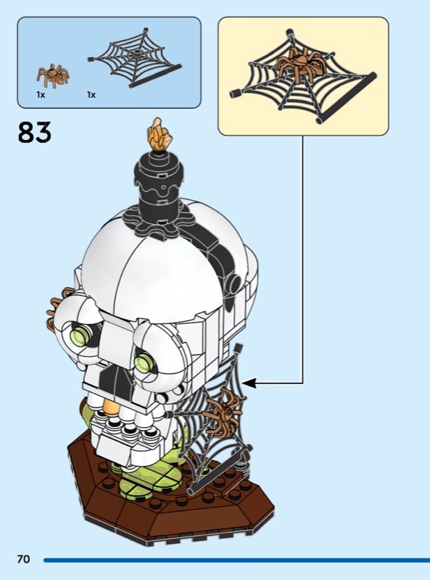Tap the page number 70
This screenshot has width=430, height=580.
(x=23, y=559)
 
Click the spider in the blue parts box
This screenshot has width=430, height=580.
(x=52, y=75)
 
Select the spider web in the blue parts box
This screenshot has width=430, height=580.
(x=135, y=57)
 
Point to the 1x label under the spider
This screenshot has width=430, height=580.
(x=41, y=95)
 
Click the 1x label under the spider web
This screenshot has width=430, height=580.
(x=91, y=95)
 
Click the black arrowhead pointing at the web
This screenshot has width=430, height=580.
(x=249, y=384)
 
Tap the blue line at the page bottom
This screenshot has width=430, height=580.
(x=237, y=560)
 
